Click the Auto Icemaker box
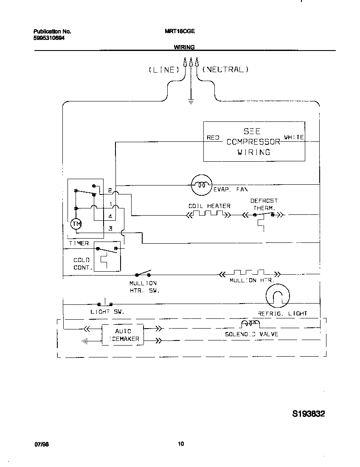(123, 335)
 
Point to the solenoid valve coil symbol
(250, 325)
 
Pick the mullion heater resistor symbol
(248, 274)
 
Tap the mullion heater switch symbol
(143, 274)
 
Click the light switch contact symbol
(105, 304)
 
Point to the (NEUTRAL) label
(225, 70)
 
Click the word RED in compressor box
(213, 138)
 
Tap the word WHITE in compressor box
(294, 138)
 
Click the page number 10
(181, 444)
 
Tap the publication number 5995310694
(49, 38)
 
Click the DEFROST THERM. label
(264, 204)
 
